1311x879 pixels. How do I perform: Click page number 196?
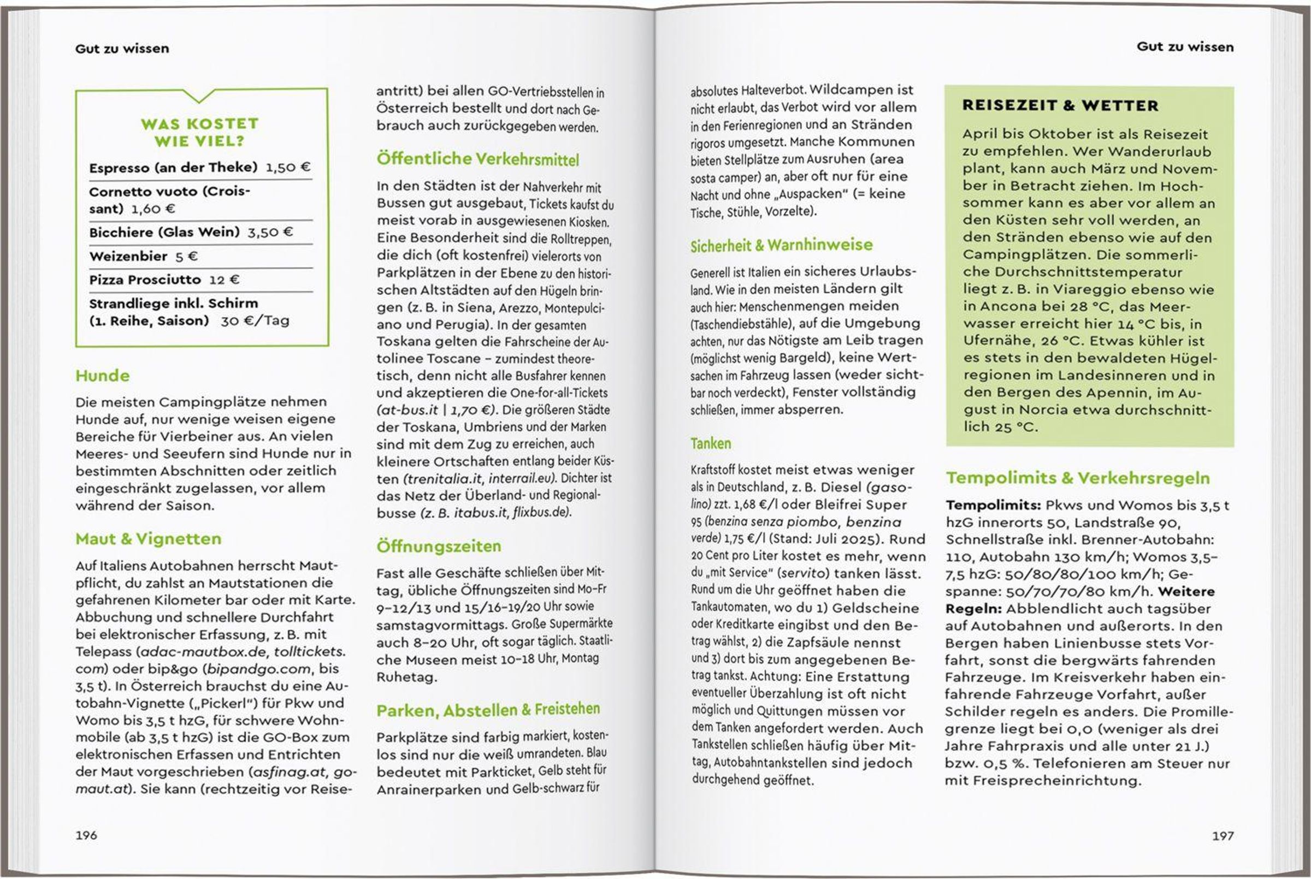(x=86, y=835)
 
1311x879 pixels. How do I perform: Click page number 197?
(x=1223, y=836)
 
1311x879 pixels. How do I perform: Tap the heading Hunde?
(x=103, y=376)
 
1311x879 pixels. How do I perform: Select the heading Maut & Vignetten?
(x=149, y=539)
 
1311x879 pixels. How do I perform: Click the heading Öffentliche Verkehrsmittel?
(x=478, y=159)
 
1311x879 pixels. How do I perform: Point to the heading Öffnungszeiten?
(x=439, y=546)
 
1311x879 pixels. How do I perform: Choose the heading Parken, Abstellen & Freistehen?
(x=488, y=710)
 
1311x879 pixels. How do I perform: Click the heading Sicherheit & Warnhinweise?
(x=781, y=245)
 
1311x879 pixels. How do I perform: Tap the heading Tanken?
(x=711, y=443)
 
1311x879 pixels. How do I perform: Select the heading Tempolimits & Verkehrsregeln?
(x=1078, y=478)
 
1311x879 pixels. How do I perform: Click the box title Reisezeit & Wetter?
(x=1060, y=105)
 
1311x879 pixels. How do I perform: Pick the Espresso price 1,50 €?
(x=288, y=167)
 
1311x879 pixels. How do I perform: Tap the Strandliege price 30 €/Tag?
(x=255, y=320)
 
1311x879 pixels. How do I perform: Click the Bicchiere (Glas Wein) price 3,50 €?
(x=270, y=232)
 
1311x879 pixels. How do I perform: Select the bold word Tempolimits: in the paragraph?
(x=993, y=505)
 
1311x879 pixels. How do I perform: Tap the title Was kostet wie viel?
(x=199, y=132)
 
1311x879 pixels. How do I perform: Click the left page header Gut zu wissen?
(x=122, y=49)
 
